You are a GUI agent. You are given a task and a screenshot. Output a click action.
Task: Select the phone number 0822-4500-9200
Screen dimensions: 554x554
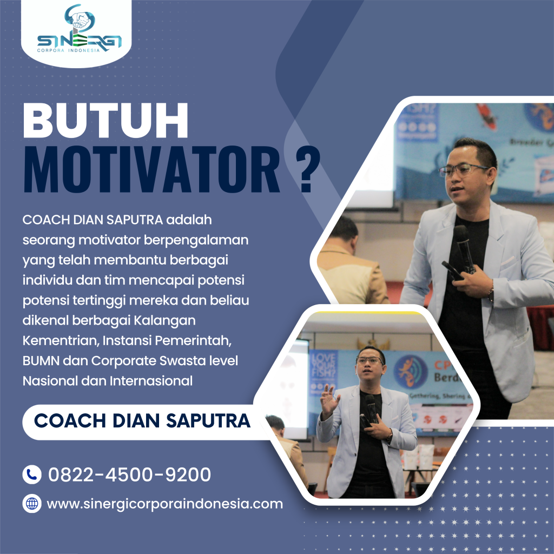pos(129,474)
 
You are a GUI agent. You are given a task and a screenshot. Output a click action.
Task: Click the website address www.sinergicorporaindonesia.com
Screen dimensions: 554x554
pos(165,504)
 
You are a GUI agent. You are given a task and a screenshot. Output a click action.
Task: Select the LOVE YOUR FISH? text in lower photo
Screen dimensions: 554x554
pos(323,367)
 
